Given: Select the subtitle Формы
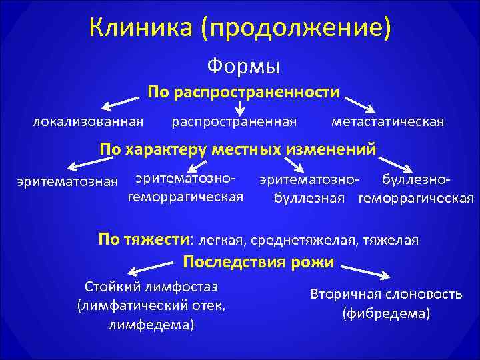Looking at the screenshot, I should [x=243, y=66].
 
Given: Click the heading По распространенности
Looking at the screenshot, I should [x=243, y=91].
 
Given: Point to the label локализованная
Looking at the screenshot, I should [x=88, y=121].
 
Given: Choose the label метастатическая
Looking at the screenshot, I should [x=387, y=121].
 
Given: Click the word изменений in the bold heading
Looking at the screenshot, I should [x=331, y=148].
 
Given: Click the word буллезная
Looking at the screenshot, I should [x=309, y=197].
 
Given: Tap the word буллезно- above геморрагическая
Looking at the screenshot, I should [x=415, y=179].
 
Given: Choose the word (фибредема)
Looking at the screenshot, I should [x=386, y=313].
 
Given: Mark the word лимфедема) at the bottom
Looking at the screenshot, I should [x=151, y=325].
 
